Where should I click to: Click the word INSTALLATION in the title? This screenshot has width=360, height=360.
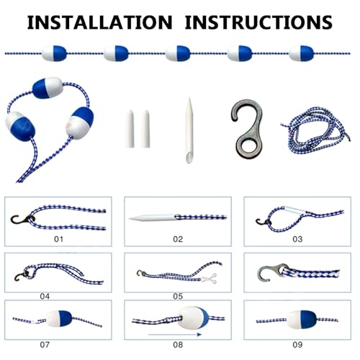(x=99, y=22)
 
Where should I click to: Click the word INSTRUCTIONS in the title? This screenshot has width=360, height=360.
(x=258, y=22)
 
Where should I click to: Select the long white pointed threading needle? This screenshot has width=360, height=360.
(x=189, y=131)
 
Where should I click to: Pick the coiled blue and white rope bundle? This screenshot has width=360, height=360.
(x=315, y=131)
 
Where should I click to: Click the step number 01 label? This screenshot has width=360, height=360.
(x=58, y=239)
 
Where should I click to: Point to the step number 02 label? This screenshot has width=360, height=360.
(x=178, y=239)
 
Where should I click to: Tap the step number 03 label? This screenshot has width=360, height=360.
(x=297, y=239)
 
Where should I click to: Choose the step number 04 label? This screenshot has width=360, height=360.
(x=45, y=297)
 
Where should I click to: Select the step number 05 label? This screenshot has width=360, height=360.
(x=178, y=297)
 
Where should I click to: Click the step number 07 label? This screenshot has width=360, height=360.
(x=45, y=345)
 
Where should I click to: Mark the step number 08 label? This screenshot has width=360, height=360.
(x=178, y=345)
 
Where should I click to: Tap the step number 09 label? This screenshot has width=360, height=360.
(x=297, y=345)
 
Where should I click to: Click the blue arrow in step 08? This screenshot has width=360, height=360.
(x=175, y=334)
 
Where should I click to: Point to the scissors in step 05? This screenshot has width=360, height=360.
(x=210, y=279)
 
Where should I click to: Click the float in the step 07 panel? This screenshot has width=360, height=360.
(x=59, y=319)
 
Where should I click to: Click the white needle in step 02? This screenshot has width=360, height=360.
(x=153, y=218)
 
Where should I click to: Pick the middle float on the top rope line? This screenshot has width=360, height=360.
(x=178, y=53)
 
